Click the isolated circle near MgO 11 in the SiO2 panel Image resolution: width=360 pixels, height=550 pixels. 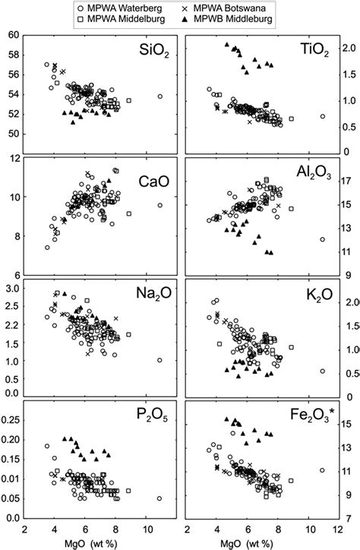(x=159, y=96)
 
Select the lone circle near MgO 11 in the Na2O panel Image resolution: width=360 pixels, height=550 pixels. (x=159, y=360)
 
